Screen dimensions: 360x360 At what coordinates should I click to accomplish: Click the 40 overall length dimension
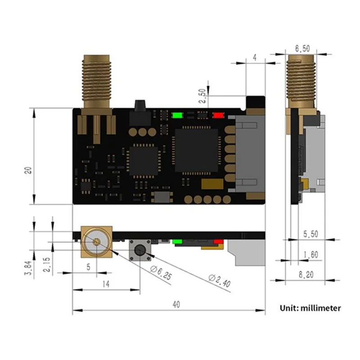pos(176,305)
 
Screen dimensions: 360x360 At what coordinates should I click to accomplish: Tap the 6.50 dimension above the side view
pos(302,48)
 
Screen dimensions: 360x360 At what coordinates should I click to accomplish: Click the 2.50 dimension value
pos(203,96)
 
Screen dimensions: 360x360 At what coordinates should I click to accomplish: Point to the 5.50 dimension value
pos(311,234)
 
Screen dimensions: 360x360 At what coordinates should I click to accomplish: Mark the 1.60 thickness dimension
pos(310,255)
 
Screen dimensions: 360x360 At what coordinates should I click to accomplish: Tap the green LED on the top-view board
pos(176,115)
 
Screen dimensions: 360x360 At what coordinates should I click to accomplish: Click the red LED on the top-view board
pos(218,115)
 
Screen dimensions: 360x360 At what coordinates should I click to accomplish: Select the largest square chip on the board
pos(196,150)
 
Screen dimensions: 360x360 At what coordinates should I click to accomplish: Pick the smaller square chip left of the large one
pos(144,160)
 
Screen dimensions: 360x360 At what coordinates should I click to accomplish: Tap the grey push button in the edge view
pos(140,251)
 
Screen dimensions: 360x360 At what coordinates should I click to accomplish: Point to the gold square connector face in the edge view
pos(96,241)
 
